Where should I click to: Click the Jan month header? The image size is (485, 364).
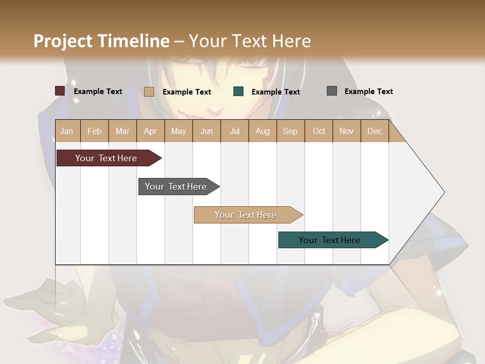coord(67,131)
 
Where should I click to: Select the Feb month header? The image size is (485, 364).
coord(94,131)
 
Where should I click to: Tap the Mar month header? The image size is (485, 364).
coord(122,131)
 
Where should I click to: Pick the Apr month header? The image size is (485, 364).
coord(151,131)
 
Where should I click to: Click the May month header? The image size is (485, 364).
coord(178,131)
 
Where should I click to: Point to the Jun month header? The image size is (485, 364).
coord(207,131)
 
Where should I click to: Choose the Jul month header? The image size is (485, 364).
coord(234,131)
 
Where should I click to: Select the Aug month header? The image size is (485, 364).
coord(263,131)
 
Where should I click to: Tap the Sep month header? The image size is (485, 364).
coord(290,131)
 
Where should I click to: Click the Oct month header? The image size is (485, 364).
coord(319,131)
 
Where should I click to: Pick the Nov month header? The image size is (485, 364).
coord(347,131)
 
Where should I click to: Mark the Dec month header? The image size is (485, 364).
coord(375,131)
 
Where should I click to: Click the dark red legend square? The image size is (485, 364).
coord(60,91)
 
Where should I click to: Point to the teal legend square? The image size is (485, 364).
coord(238,92)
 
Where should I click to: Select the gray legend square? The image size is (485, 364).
coord(332,91)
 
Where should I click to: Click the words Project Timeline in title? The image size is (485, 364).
coord(102,41)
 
